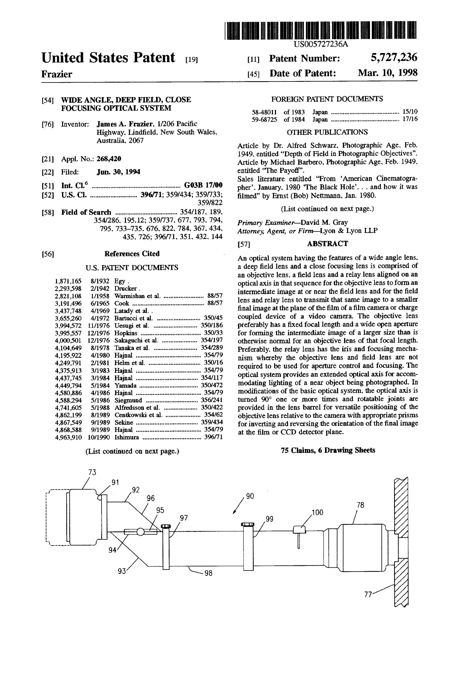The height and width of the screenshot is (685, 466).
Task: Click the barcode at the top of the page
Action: (321, 30)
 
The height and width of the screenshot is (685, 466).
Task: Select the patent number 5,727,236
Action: (394, 57)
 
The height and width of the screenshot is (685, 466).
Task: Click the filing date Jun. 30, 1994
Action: (118, 172)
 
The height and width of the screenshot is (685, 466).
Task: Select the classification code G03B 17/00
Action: (203, 185)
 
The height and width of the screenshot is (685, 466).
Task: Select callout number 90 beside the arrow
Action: (250, 496)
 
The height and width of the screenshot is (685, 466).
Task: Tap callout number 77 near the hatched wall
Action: (368, 594)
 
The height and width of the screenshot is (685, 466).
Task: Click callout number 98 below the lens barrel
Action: (208, 574)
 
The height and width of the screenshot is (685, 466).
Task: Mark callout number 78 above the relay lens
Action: (360, 505)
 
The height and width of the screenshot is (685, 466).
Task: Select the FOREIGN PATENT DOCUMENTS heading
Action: (327, 99)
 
